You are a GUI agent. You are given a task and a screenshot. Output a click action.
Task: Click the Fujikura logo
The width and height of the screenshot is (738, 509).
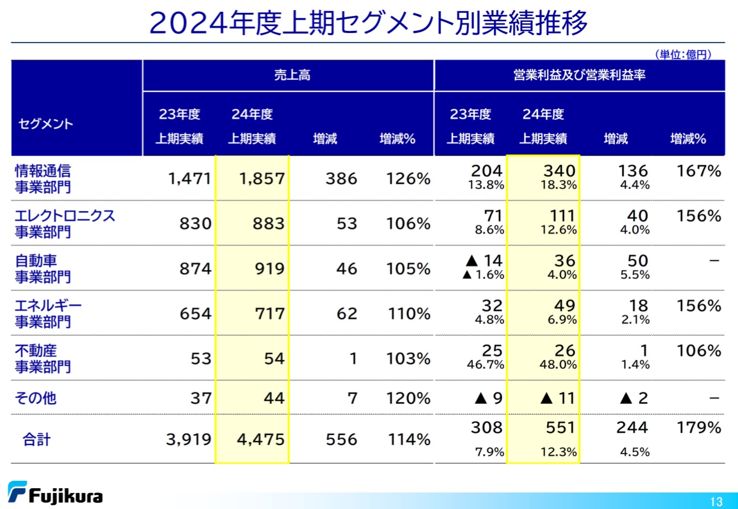(x=55, y=493)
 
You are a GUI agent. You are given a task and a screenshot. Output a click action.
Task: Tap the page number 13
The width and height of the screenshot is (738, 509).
(x=716, y=502)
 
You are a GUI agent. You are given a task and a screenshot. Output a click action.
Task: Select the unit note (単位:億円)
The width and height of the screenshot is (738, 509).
(x=683, y=54)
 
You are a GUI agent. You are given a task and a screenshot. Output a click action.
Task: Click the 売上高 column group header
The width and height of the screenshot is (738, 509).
(x=292, y=75)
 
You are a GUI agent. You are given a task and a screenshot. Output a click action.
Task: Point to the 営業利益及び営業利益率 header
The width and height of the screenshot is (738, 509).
(x=579, y=75)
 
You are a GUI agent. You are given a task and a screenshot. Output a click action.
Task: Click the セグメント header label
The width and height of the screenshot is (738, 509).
(x=46, y=124)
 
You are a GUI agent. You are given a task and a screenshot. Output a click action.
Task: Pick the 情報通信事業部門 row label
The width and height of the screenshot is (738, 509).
(x=43, y=179)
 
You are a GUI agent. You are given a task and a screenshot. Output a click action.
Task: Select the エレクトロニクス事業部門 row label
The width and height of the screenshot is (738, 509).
(x=65, y=223)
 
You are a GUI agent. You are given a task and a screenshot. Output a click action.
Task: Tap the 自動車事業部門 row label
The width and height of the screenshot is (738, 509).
(x=43, y=268)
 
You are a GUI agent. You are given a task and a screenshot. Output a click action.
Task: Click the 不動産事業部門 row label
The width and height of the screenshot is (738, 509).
(x=43, y=358)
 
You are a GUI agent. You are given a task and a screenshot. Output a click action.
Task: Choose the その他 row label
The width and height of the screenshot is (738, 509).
(x=36, y=398)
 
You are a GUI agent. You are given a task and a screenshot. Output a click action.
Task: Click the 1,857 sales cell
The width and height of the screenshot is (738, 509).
(x=261, y=179)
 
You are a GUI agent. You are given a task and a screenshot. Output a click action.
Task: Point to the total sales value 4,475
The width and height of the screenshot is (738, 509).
(x=260, y=439)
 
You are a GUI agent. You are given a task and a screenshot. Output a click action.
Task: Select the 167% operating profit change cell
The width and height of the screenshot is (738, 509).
(x=698, y=171)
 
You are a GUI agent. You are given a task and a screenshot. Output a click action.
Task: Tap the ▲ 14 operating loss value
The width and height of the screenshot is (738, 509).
(x=484, y=260)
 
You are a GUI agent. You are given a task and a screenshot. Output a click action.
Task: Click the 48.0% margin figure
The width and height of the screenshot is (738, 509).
(x=558, y=364)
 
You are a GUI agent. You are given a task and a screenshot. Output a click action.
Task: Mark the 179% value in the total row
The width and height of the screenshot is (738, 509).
(x=698, y=428)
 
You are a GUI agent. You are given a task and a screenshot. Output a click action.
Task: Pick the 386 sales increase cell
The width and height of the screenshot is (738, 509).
(x=341, y=179)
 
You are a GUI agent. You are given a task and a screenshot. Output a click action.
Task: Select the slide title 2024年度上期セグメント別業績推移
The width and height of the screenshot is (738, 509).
(x=368, y=23)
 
